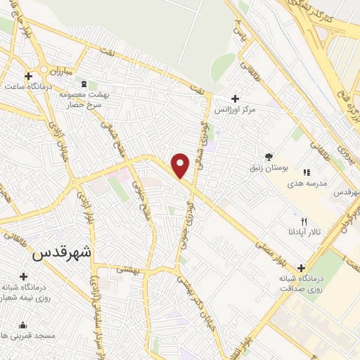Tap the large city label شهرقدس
click(63, 253)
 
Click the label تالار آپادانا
click(303, 231)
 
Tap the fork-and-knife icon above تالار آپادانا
click(304, 221)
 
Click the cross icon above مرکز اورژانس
click(235, 99)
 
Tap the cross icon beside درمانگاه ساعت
click(29, 76)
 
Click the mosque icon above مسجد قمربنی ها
click(23, 325)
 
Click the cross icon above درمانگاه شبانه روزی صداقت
click(302, 268)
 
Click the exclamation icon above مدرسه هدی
click(306, 172)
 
